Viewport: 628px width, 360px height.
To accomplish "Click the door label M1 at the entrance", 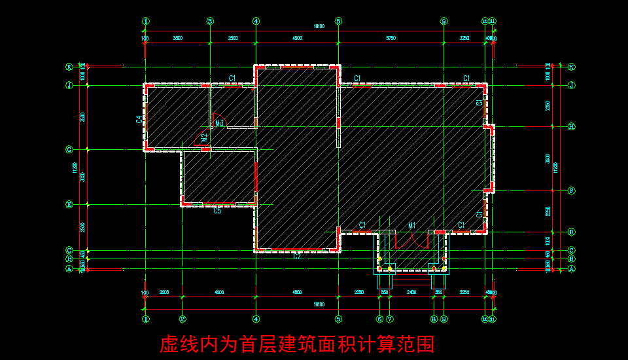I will [412, 225].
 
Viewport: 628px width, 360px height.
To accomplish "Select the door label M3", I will [220, 123].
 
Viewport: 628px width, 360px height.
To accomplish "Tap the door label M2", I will [204, 137].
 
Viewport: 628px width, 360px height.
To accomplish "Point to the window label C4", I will [139, 119].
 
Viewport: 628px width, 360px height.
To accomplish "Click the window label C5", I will [217, 211].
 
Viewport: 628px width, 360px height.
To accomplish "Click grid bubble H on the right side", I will [571, 126].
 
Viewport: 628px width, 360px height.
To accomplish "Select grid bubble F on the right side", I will [571, 190].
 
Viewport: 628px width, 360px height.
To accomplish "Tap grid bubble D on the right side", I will [571, 232].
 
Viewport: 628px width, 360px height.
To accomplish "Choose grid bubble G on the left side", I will [68, 150].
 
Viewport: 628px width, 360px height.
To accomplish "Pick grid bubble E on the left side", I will [68, 204].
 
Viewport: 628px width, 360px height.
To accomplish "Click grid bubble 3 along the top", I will [210, 21].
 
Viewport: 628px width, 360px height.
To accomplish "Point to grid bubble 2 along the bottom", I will [183, 319].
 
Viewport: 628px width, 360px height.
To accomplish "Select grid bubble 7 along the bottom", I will [389, 319].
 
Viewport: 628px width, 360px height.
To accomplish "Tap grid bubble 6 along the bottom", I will [379, 319].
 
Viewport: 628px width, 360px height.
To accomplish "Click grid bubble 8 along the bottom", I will [434, 319].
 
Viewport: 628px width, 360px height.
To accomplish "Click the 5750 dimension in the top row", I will [391, 39].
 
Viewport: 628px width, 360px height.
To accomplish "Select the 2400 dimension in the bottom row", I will [411, 292].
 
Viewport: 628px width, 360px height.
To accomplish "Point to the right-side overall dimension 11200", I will [555, 167].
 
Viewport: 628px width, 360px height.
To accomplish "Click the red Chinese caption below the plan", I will [298, 344].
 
